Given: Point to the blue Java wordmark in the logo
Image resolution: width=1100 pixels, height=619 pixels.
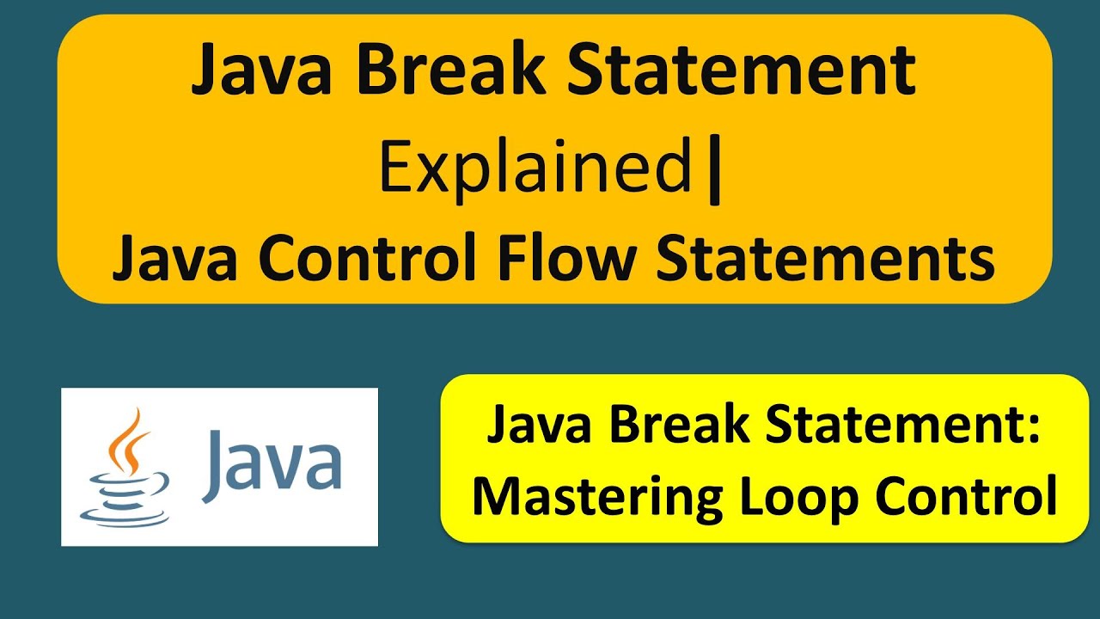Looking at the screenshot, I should (272, 465).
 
